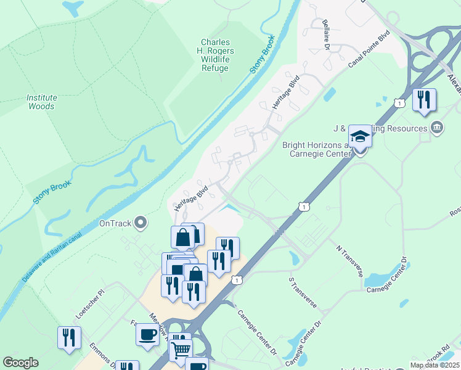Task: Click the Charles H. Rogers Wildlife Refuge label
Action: click(215, 55)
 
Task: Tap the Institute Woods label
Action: click(41, 102)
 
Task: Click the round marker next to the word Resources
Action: click(436, 128)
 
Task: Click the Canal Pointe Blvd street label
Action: click(369, 49)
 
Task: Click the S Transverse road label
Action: click(303, 292)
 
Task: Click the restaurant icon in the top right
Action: click(424, 100)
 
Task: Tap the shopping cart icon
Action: click(181, 350)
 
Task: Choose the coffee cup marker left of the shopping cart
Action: click(147, 335)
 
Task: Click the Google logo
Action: click(20, 363)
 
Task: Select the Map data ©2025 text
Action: click(434, 365)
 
